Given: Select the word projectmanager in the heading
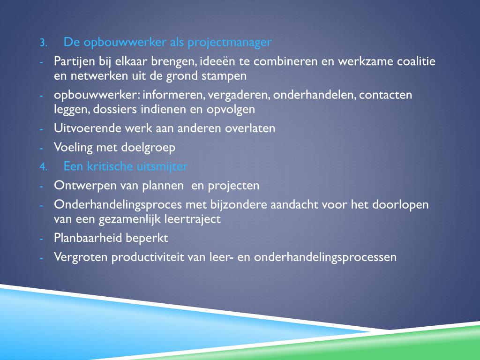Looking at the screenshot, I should click(229, 43).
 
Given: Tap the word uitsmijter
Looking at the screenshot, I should click(163, 166).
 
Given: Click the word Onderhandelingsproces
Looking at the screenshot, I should click(119, 205).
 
